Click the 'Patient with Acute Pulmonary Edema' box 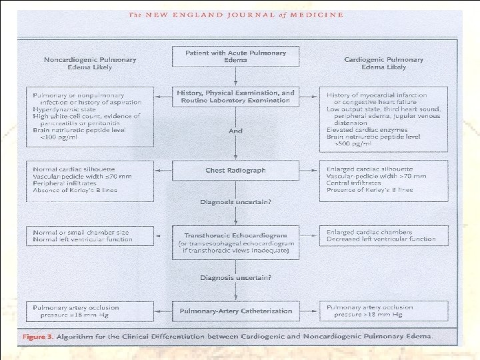point(236,56)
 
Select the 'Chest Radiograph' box point(236,170)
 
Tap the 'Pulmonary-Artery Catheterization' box point(236,311)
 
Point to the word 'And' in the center point(236,131)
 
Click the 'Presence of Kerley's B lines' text point(369,190)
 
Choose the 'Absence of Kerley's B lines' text point(75,190)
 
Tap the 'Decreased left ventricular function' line point(381,239)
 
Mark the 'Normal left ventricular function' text point(83,239)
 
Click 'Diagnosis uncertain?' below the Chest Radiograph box point(236,201)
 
